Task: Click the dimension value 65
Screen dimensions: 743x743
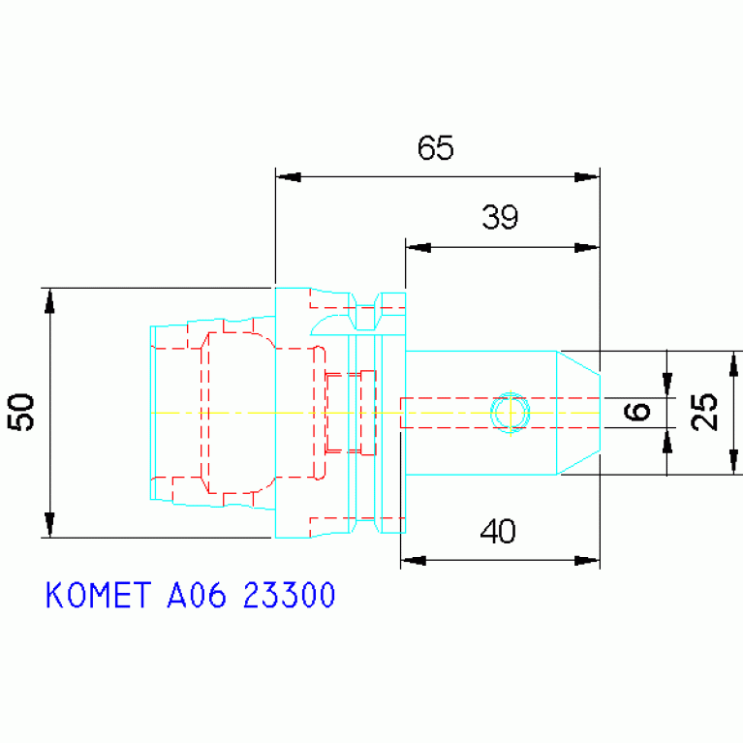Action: (436, 148)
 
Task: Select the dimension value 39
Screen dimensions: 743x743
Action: (500, 218)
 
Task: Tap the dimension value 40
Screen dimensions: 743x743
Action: (498, 531)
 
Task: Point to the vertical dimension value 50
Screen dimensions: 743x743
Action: (21, 412)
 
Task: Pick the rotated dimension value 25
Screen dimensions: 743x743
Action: (704, 412)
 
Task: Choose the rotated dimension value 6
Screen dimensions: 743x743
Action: (636, 412)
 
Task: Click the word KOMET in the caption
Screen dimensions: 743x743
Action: (99, 595)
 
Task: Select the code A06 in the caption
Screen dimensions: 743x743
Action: (197, 595)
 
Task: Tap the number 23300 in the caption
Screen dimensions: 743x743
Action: (289, 595)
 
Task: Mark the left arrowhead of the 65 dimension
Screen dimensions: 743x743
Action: (288, 177)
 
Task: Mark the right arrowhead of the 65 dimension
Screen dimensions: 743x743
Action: (587, 177)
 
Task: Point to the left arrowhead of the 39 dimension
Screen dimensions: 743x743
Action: (418, 247)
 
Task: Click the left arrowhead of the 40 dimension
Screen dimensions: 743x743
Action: (414, 561)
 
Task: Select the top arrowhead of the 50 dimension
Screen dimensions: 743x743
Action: (49, 301)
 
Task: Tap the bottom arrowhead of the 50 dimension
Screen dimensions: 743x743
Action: (49, 525)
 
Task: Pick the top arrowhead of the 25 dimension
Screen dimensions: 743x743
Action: (733, 364)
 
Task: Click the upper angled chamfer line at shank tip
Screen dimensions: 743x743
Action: (578, 363)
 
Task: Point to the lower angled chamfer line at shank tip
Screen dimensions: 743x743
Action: (578, 462)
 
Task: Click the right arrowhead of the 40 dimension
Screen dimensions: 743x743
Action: (587, 561)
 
